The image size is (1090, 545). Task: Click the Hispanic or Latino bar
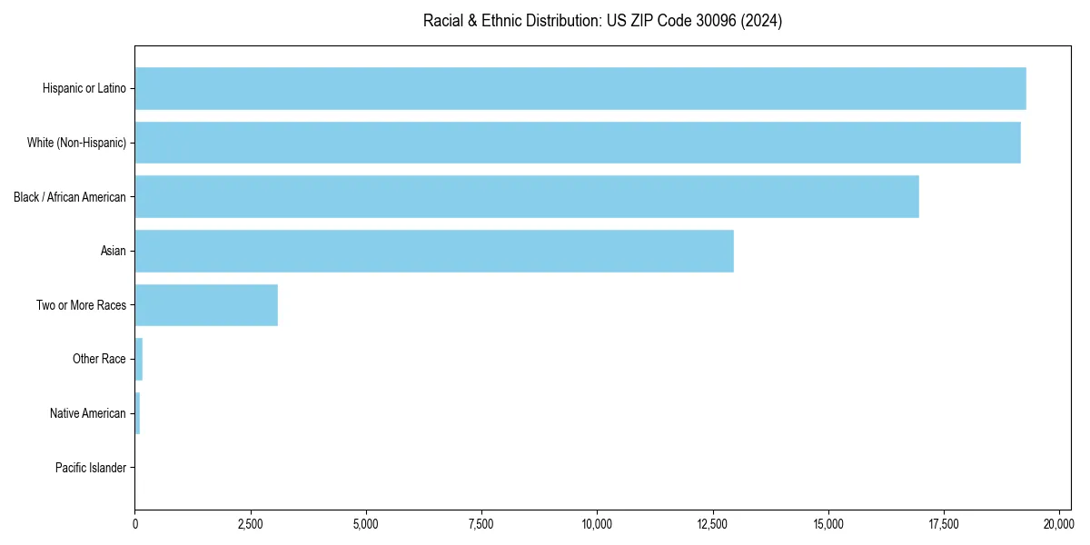point(580,88)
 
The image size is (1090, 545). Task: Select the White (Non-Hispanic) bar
point(578,143)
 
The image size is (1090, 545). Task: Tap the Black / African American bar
point(527,197)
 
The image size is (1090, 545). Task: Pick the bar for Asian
point(434,251)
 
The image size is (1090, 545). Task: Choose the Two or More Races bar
point(206,305)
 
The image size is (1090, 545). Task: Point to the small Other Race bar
point(139,359)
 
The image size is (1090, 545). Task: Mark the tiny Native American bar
point(137,413)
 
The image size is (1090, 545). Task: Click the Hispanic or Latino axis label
point(84,88)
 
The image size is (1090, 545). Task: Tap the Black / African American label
point(70,197)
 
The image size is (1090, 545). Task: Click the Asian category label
point(113,251)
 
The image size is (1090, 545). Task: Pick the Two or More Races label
point(81,305)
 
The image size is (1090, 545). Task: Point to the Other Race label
point(99,359)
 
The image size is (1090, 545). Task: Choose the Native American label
point(88,413)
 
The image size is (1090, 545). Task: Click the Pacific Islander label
point(90,468)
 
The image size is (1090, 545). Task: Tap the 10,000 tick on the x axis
point(597,524)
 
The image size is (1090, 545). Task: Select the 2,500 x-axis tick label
point(250,524)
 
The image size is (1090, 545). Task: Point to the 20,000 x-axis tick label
point(1059,524)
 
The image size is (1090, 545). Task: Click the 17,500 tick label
point(944,524)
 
